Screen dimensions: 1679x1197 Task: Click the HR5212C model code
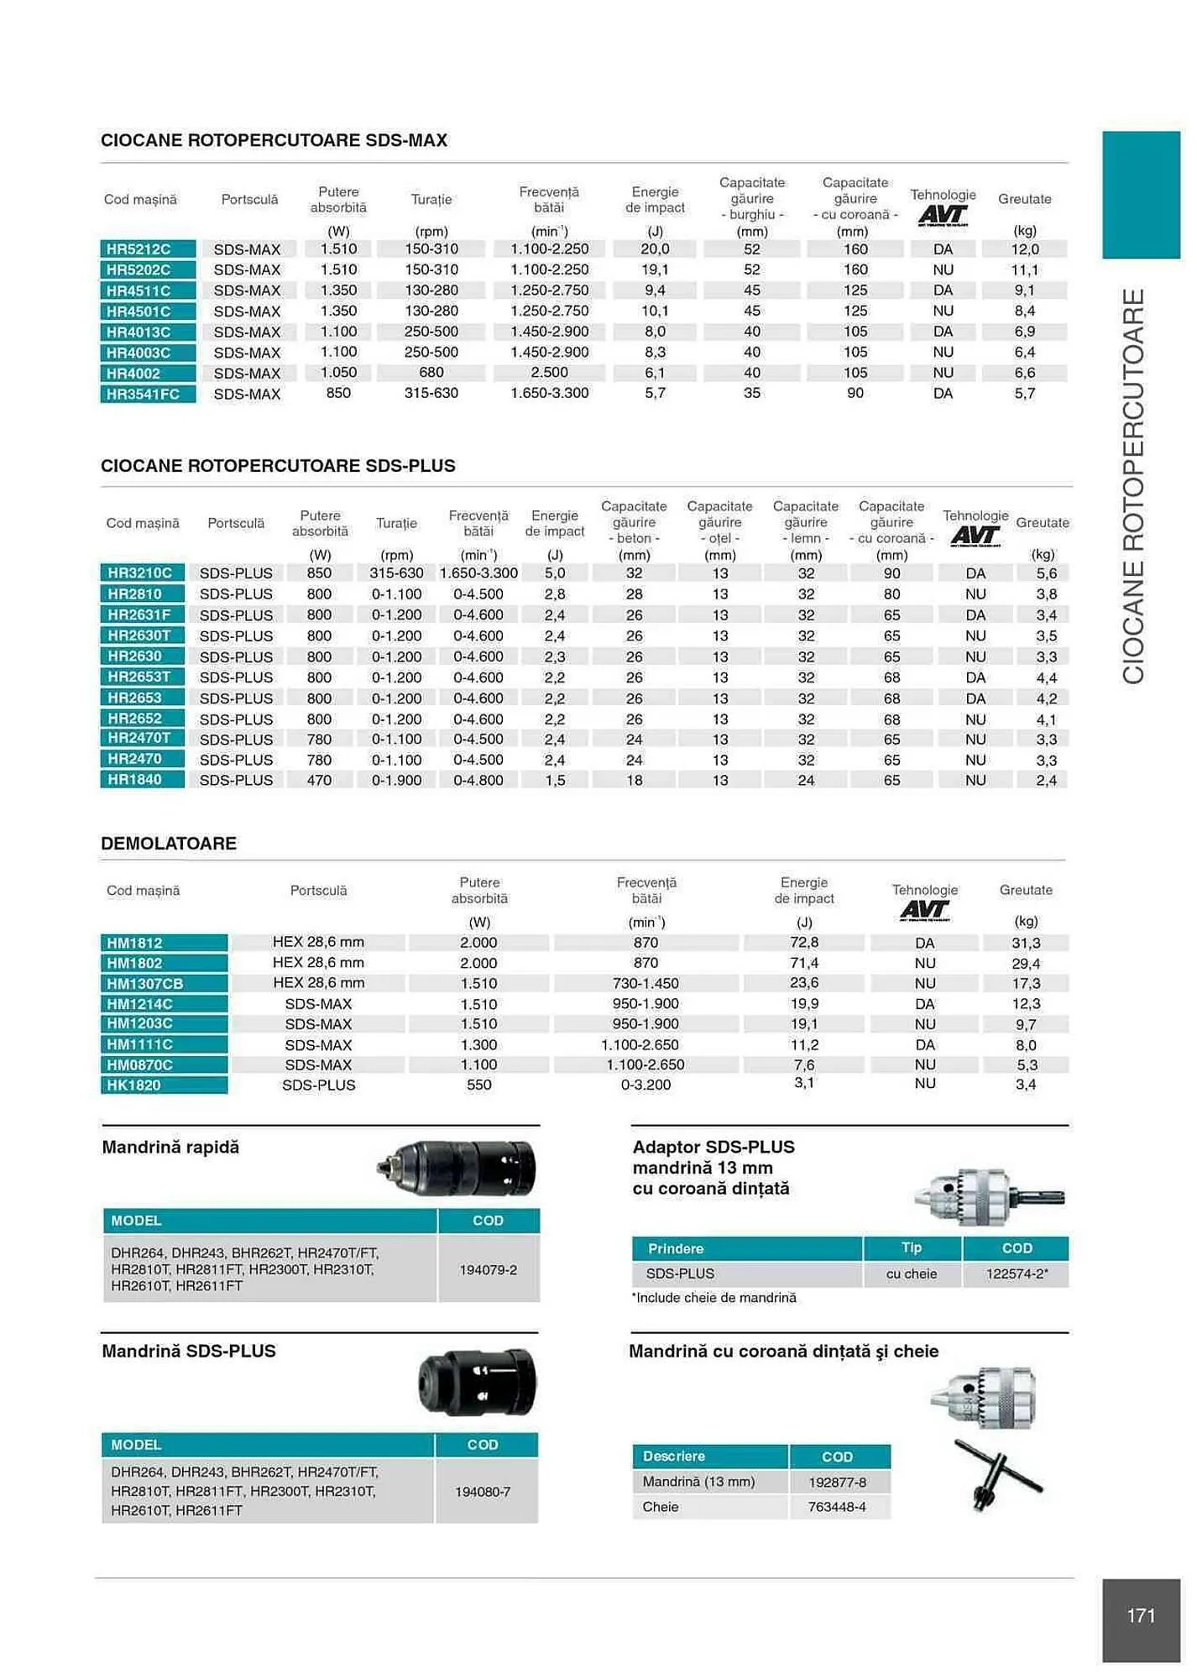139,249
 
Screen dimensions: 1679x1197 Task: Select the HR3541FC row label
143,394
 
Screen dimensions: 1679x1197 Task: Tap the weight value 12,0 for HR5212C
1024,249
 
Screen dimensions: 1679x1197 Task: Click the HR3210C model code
139,573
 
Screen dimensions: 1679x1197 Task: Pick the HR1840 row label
134,780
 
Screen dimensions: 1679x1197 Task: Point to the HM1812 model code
134,943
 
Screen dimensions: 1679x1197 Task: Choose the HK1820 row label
133,1085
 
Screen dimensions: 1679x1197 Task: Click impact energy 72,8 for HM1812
803,943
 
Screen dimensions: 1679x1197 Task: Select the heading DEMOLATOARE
169,844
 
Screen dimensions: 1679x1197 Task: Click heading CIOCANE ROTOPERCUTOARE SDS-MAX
274,140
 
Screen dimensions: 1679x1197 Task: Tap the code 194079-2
488,1269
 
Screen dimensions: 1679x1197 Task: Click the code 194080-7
483,1492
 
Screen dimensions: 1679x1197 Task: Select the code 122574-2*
1017,1274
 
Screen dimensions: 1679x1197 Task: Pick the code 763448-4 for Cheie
837,1507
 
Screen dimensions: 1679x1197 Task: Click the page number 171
1141,1615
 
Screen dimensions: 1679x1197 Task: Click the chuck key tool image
996,1475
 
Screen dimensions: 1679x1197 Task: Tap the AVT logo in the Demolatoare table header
924,910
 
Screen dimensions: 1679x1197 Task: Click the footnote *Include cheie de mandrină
713,1298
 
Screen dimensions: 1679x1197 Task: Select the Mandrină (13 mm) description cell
699,1482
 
